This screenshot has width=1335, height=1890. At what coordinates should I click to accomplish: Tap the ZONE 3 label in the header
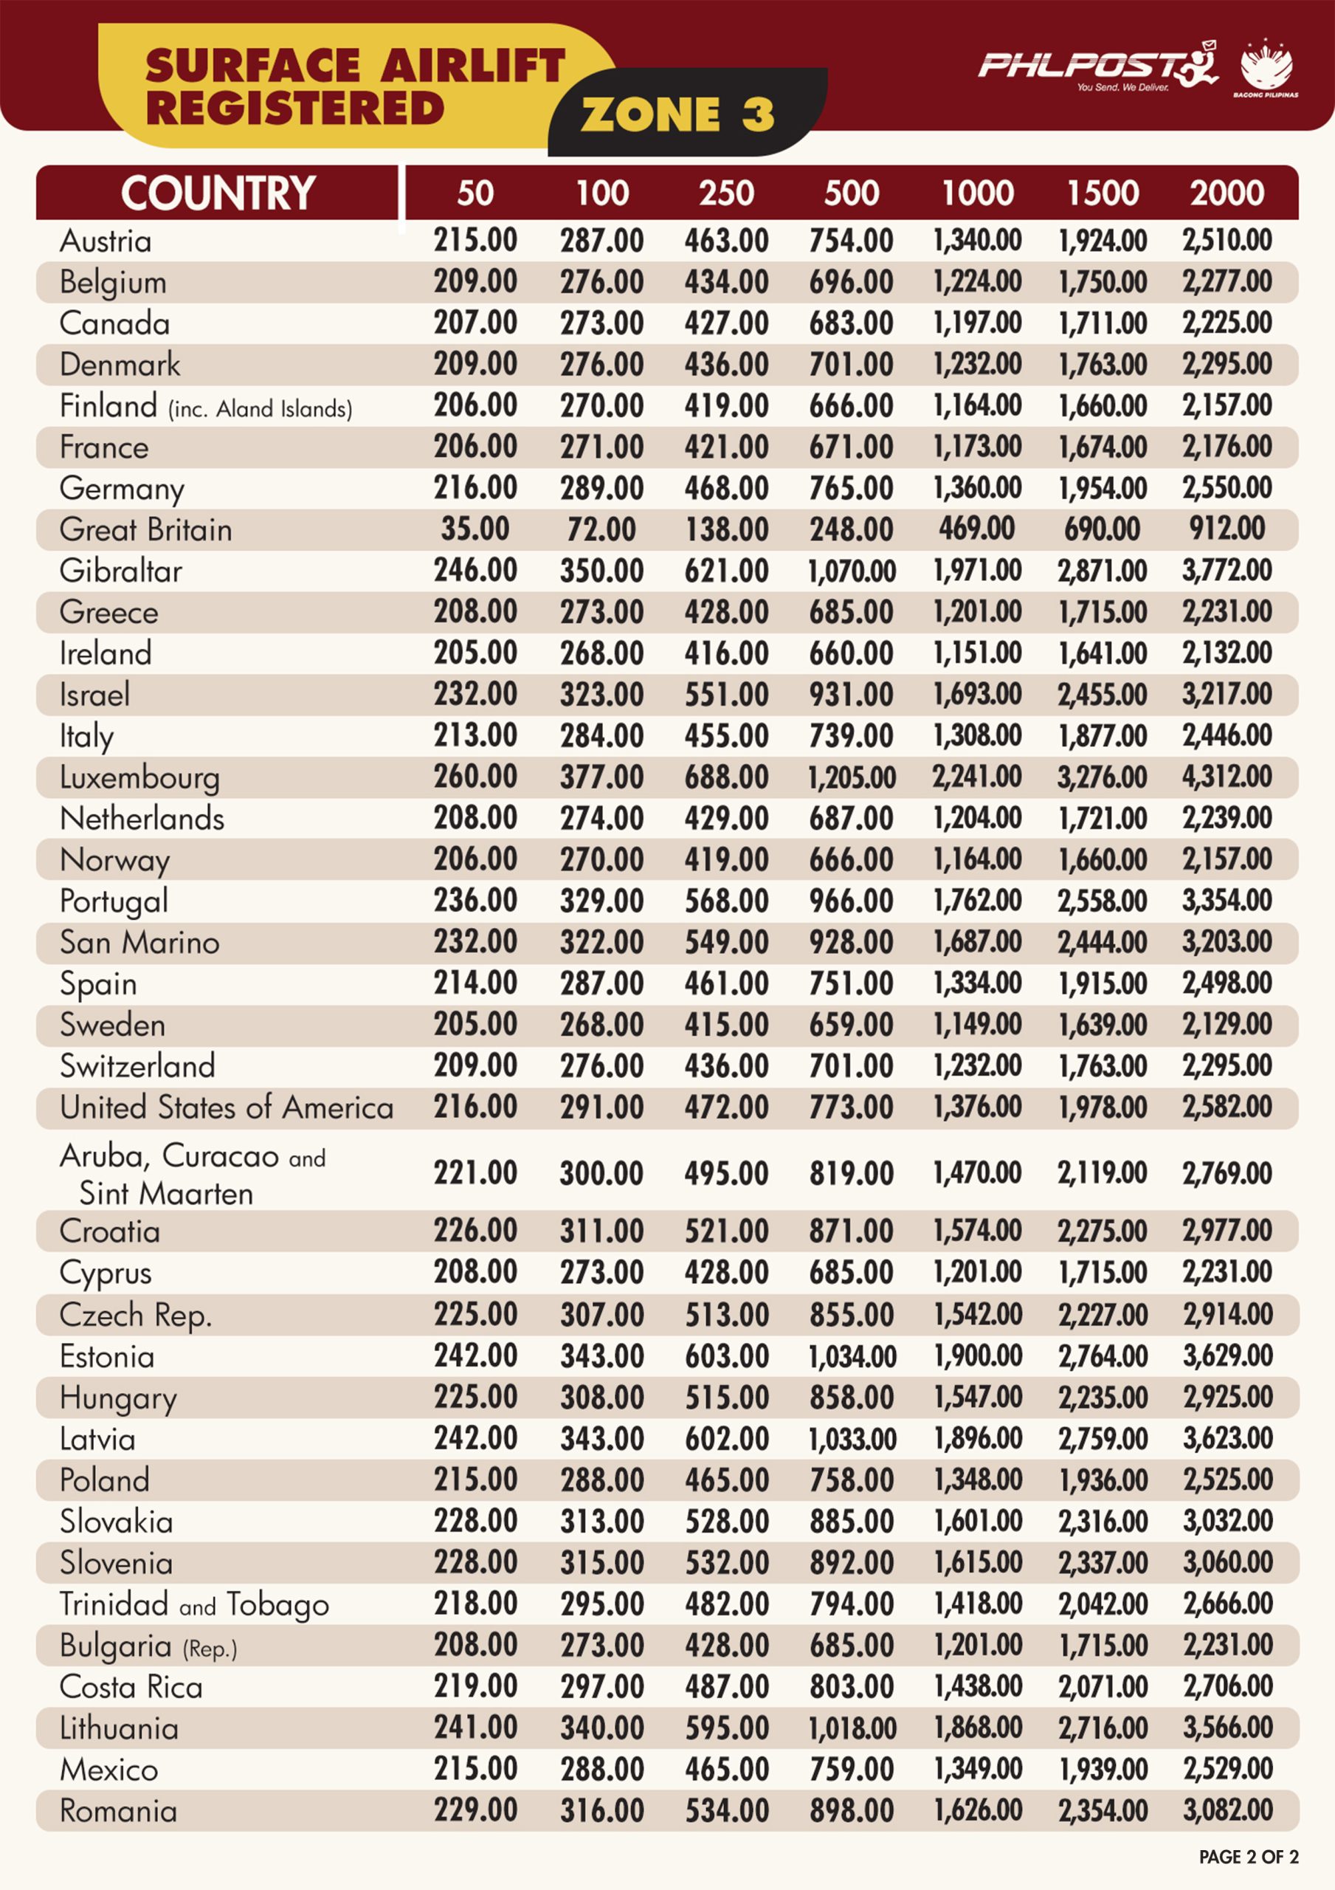click(x=677, y=114)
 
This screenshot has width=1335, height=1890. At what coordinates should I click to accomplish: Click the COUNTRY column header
click(x=218, y=193)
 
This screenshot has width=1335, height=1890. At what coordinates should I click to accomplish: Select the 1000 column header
click(x=978, y=193)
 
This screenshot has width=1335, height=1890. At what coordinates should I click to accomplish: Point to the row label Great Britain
click(x=145, y=529)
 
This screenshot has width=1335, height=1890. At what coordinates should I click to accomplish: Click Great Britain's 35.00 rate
click(x=475, y=529)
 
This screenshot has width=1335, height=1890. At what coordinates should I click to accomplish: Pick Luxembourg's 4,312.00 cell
click(x=1227, y=776)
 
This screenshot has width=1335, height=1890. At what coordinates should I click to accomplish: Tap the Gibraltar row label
click(x=121, y=571)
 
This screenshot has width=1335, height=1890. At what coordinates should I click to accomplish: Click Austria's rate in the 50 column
click(x=476, y=241)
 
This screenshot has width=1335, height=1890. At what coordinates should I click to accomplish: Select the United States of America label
click(x=227, y=1107)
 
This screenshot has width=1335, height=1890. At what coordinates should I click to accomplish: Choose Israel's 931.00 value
click(x=851, y=694)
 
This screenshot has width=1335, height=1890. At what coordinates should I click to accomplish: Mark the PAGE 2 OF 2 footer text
click(x=1249, y=1856)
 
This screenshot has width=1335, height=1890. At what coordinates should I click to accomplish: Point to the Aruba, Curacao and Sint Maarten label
click(x=193, y=1174)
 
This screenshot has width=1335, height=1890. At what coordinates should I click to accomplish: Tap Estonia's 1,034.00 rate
click(x=852, y=1355)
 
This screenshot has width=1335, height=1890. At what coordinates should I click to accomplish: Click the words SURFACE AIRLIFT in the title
click(x=356, y=66)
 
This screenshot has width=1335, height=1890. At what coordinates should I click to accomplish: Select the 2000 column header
click(x=1227, y=193)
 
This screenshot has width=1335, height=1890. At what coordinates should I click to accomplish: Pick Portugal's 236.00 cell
click(x=476, y=900)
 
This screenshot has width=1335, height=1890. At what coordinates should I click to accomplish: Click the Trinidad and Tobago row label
click(x=194, y=1604)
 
